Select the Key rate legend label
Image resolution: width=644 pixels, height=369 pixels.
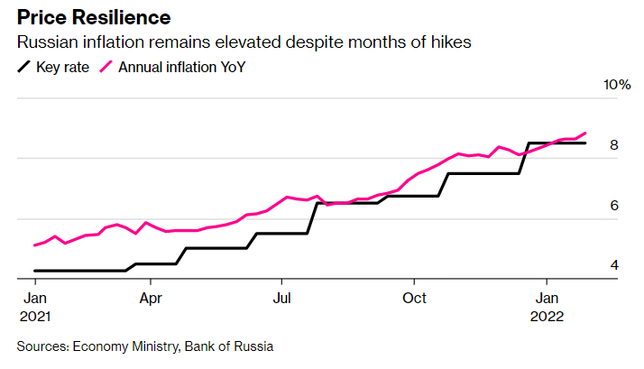62,66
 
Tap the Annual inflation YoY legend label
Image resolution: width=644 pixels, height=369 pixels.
180,66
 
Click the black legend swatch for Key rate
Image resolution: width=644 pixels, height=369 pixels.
25,66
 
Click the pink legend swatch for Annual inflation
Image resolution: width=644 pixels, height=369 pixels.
106,66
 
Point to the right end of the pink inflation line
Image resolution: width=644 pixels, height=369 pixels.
586,133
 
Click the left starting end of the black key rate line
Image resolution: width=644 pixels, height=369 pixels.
34,271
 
